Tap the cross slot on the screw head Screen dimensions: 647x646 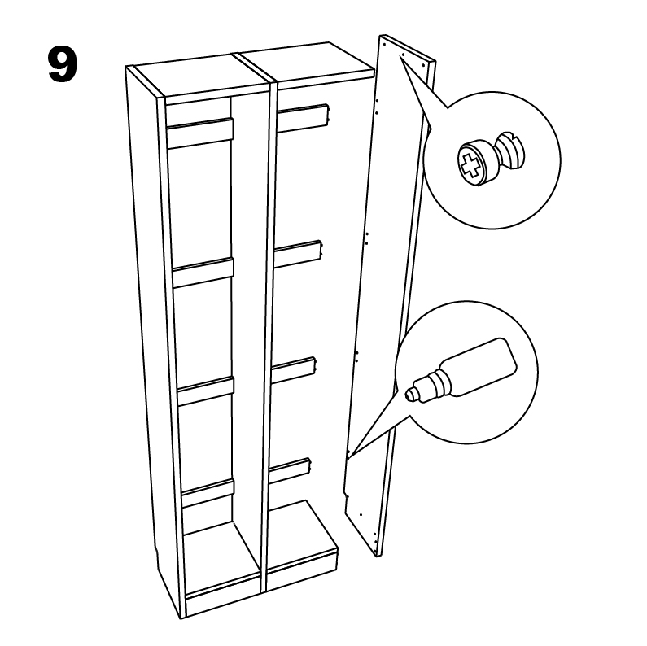pos(469,165)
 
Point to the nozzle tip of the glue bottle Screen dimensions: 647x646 pos(409,395)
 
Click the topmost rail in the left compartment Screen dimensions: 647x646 pos(200,133)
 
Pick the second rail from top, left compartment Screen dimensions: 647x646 pos(203,272)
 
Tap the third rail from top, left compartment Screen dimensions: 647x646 pos(205,390)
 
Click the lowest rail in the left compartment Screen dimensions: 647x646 pos(208,492)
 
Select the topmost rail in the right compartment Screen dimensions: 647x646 pos(304,118)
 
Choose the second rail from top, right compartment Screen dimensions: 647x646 pos(299,255)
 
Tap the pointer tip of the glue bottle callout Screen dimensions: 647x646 pos(349,456)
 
